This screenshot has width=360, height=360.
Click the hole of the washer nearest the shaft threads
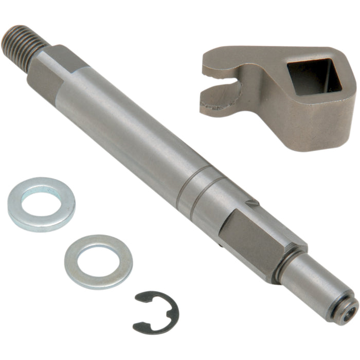[41, 202]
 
